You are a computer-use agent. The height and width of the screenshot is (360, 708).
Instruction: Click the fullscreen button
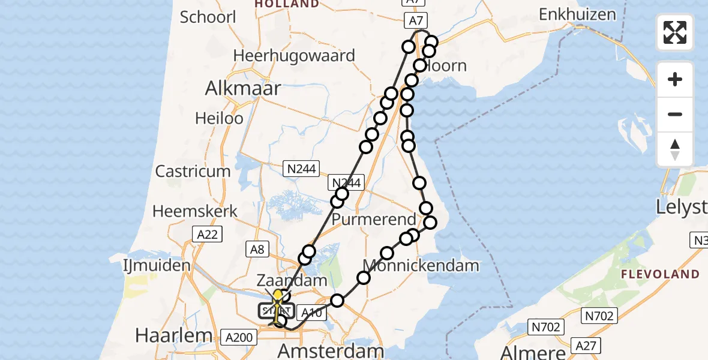coord(675,32)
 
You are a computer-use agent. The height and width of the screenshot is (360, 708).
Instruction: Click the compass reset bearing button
coord(675,149)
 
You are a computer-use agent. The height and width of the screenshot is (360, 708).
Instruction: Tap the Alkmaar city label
coord(243,89)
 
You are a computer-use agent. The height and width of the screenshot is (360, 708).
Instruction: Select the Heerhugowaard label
coord(294,56)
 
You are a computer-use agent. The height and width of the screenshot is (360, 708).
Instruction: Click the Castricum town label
coord(193,171)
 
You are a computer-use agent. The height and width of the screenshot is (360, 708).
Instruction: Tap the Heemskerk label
coord(195,211)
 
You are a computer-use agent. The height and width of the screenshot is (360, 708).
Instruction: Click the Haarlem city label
coord(174,335)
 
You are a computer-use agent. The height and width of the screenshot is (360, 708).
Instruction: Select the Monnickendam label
coord(421,265)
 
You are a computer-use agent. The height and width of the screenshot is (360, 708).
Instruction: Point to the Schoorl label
coord(208,17)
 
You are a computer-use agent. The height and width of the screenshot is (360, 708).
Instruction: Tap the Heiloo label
coord(219,118)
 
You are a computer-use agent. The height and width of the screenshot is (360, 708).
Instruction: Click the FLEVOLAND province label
coord(660,275)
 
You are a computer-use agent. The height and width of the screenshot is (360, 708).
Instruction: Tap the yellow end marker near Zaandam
coord(278,295)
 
